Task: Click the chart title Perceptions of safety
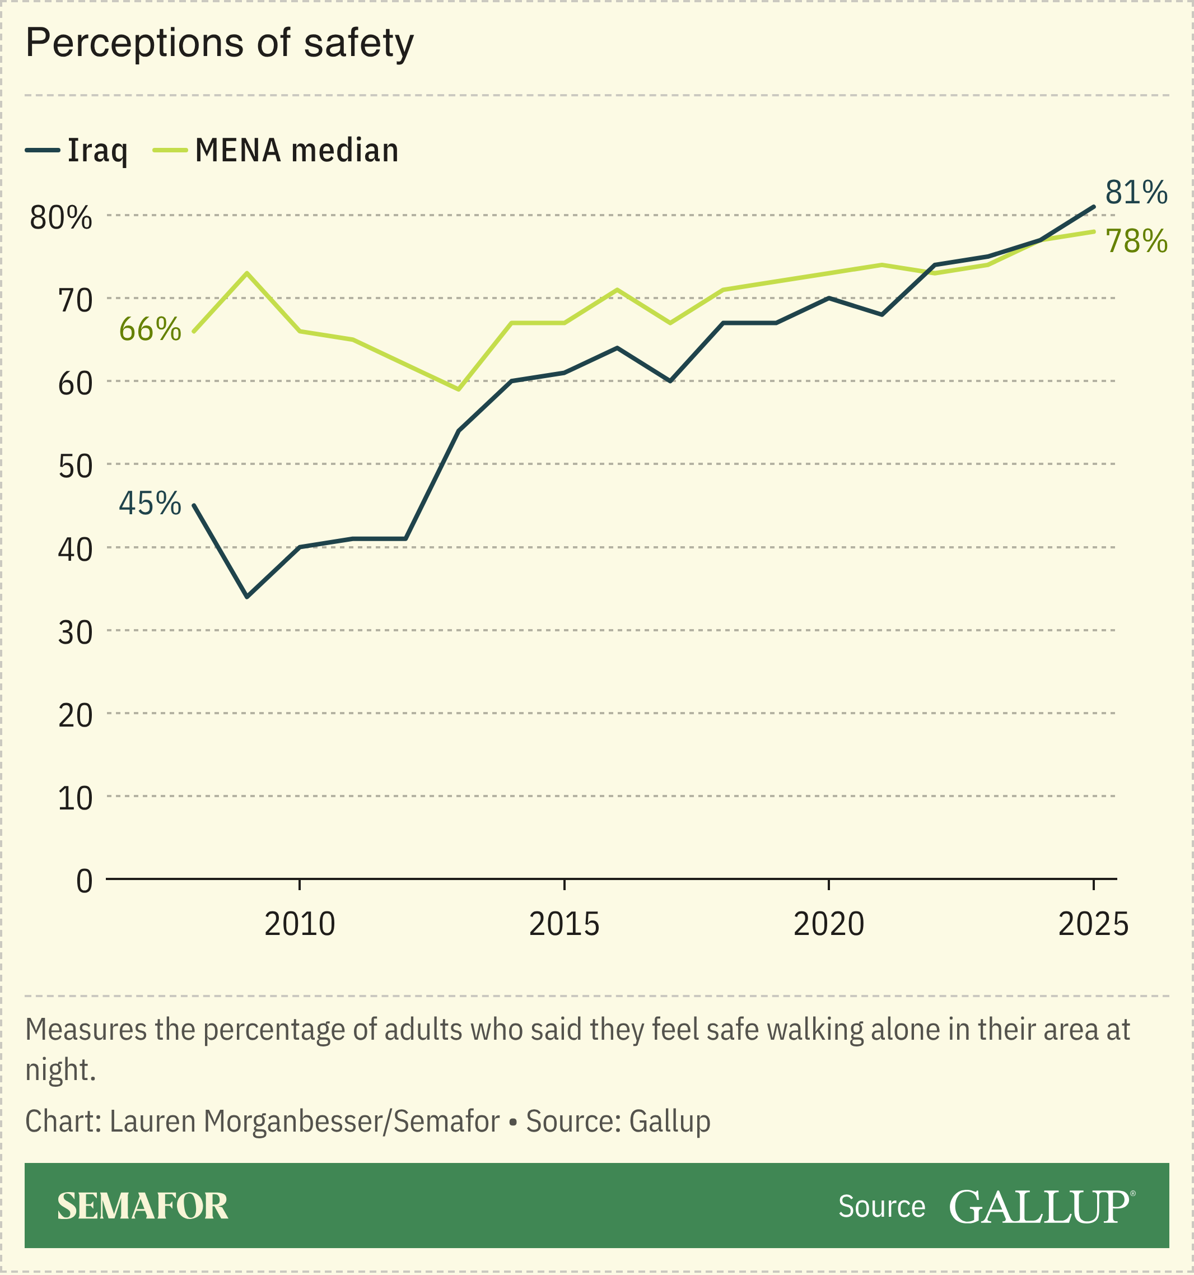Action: [220, 44]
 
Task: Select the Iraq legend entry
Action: [77, 151]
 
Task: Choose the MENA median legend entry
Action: [276, 151]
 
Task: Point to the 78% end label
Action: [1136, 242]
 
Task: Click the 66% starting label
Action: [150, 329]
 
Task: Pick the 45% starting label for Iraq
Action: [150, 504]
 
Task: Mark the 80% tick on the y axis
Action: [61, 218]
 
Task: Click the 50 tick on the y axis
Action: [75, 467]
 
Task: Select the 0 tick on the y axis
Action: [84, 882]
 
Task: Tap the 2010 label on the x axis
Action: [300, 925]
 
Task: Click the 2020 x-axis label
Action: [828, 925]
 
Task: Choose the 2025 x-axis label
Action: [1093, 925]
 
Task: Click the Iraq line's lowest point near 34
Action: [247, 597]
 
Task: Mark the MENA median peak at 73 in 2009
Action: [247, 273]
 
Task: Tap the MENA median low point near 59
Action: [459, 389]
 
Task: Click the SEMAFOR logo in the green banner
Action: [142, 1207]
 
